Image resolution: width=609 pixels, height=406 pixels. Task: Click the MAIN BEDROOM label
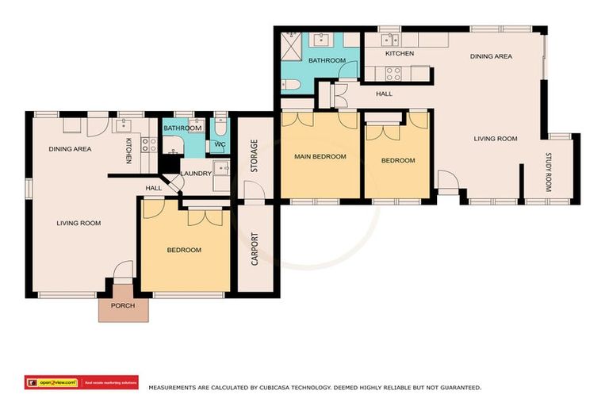click(x=320, y=156)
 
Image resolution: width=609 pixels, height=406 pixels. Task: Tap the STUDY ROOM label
click(x=548, y=172)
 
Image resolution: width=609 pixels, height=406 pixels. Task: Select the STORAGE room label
click(x=255, y=155)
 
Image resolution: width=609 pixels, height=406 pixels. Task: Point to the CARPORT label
click(x=255, y=248)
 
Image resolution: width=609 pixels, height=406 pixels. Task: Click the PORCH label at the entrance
click(x=123, y=305)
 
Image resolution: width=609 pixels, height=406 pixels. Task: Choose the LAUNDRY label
click(x=197, y=174)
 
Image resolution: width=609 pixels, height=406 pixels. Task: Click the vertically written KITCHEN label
click(x=128, y=151)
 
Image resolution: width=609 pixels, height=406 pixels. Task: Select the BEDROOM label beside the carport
click(x=184, y=250)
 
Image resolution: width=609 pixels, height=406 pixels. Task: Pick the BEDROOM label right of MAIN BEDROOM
click(x=398, y=160)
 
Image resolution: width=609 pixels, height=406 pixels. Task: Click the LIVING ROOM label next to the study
click(x=496, y=139)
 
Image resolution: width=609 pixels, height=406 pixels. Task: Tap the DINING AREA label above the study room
click(x=491, y=56)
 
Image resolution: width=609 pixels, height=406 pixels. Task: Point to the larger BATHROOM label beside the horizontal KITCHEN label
click(x=327, y=60)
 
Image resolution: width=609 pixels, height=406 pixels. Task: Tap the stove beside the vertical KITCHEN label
click(x=148, y=144)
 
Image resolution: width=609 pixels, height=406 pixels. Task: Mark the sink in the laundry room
click(x=221, y=167)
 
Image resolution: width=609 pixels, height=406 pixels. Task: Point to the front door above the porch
click(x=123, y=274)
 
